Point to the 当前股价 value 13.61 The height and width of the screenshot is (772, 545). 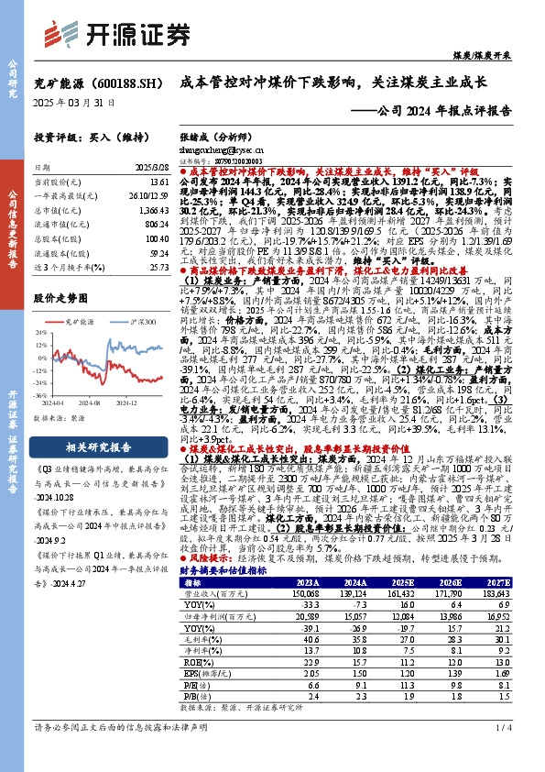[x=158, y=183]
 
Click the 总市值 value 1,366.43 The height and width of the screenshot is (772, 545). [x=155, y=210]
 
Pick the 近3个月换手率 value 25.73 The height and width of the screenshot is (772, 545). [x=158, y=267]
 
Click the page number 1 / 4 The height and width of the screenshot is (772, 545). [x=516, y=754]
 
